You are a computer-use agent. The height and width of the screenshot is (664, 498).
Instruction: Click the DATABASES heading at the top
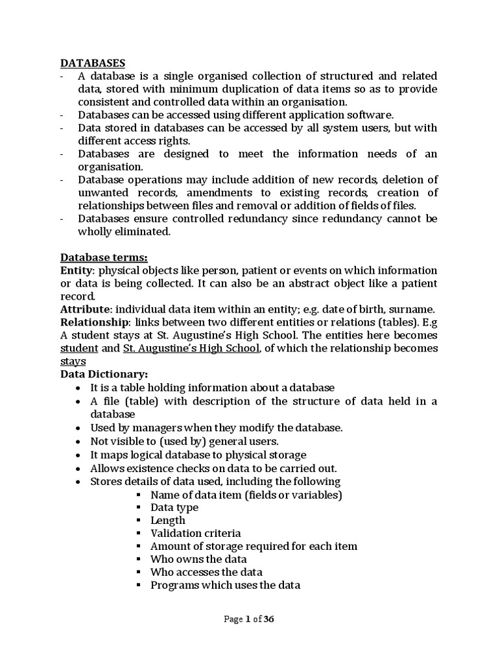[x=93, y=63]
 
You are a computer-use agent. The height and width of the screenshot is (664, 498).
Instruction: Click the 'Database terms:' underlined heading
[x=103, y=257]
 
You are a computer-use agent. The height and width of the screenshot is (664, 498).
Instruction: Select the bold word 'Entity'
[x=77, y=270]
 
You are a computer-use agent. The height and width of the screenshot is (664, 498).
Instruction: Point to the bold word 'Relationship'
[x=92, y=322]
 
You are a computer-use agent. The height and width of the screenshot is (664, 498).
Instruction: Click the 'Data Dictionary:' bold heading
[x=104, y=374]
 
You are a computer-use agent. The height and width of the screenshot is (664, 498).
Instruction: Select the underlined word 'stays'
[x=73, y=361]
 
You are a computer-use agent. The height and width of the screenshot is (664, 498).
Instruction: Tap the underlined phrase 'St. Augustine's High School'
[x=191, y=348]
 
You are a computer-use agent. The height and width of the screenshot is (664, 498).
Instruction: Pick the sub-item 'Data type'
[x=174, y=508]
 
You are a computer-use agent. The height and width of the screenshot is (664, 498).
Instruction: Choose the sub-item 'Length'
[x=167, y=521]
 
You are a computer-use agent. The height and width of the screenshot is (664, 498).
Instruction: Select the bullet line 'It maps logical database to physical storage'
[x=198, y=455]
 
